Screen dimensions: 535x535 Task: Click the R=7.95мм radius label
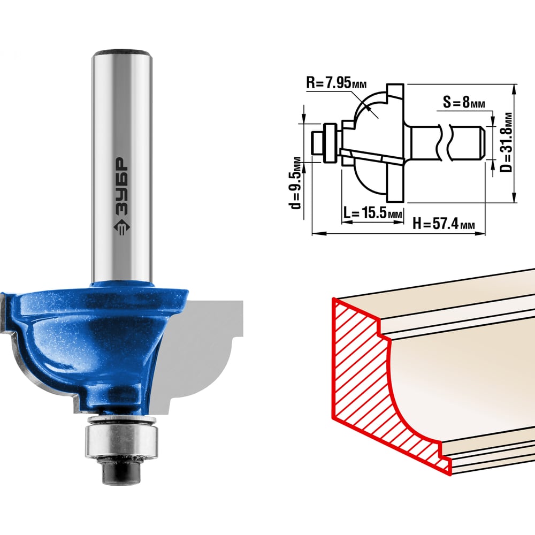point(337,83)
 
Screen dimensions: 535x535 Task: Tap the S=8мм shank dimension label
point(464,102)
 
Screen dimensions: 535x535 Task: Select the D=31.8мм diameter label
point(507,143)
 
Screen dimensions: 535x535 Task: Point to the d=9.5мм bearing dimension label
point(295,183)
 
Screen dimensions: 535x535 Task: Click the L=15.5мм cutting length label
point(372,213)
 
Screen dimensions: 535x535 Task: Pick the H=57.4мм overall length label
point(444,224)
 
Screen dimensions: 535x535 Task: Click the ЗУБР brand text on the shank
point(121,186)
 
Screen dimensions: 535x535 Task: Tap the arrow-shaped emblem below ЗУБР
point(121,227)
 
